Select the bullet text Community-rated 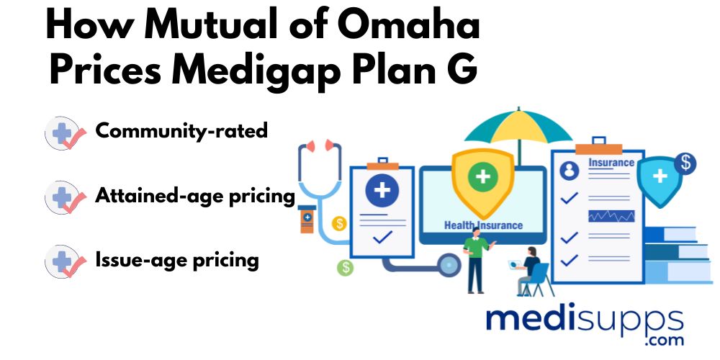pos(181,131)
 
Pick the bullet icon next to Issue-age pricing pos(66,261)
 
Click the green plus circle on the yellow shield pos(482,178)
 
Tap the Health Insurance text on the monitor pos(483,225)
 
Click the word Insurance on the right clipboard pos(611,162)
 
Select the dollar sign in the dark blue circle pos(685,164)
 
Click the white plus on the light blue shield pos(660,176)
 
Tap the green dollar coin pos(345,267)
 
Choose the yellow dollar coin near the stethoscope pos(340,224)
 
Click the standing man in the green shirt pos(477,259)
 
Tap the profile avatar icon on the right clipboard pos(570,171)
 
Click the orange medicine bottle pos(306,220)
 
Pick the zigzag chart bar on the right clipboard pos(611,216)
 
